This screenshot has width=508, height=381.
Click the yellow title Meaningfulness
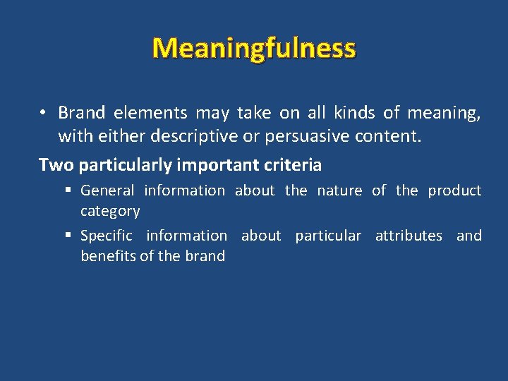[254, 49]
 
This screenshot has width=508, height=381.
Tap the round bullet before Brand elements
[44, 113]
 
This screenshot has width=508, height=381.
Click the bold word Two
[56, 165]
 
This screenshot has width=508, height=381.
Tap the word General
[107, 190]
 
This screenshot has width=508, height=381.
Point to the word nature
[339, 190]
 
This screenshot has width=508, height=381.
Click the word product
[454, 190]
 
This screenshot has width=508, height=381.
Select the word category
[110, 211]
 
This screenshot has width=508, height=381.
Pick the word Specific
[107, 236]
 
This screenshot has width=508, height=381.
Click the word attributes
[409, 236]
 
